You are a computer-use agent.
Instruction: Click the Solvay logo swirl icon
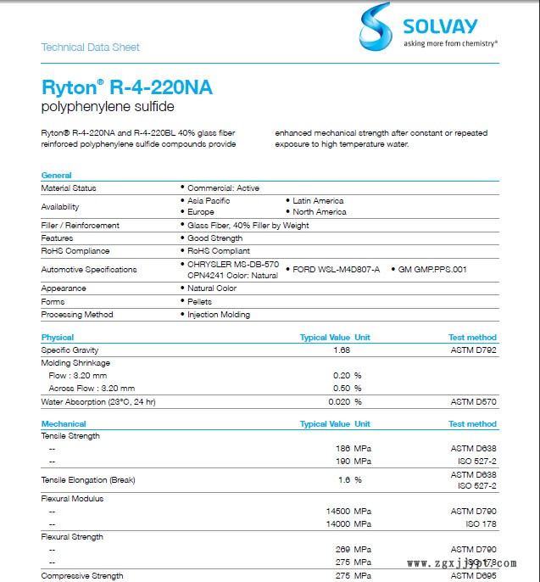click(376, 25)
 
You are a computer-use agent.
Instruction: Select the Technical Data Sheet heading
click(91, 48)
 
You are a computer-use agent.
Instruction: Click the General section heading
click(57, 176)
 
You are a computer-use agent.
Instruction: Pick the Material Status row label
click(69, 188)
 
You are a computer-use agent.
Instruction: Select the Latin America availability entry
click(317, 201)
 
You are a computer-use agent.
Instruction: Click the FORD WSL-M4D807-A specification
click(336, 269)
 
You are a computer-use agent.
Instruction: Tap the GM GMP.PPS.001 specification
click(432, 269)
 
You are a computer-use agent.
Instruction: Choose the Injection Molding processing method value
click(218, 315)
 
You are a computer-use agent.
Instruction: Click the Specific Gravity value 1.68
click(342, 350)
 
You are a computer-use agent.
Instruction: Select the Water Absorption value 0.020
click(338, 402)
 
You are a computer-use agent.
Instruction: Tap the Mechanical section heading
click(64, 424)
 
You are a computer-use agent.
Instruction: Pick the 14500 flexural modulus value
click(337, 512)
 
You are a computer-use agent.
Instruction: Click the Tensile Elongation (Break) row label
click(88, 480)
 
